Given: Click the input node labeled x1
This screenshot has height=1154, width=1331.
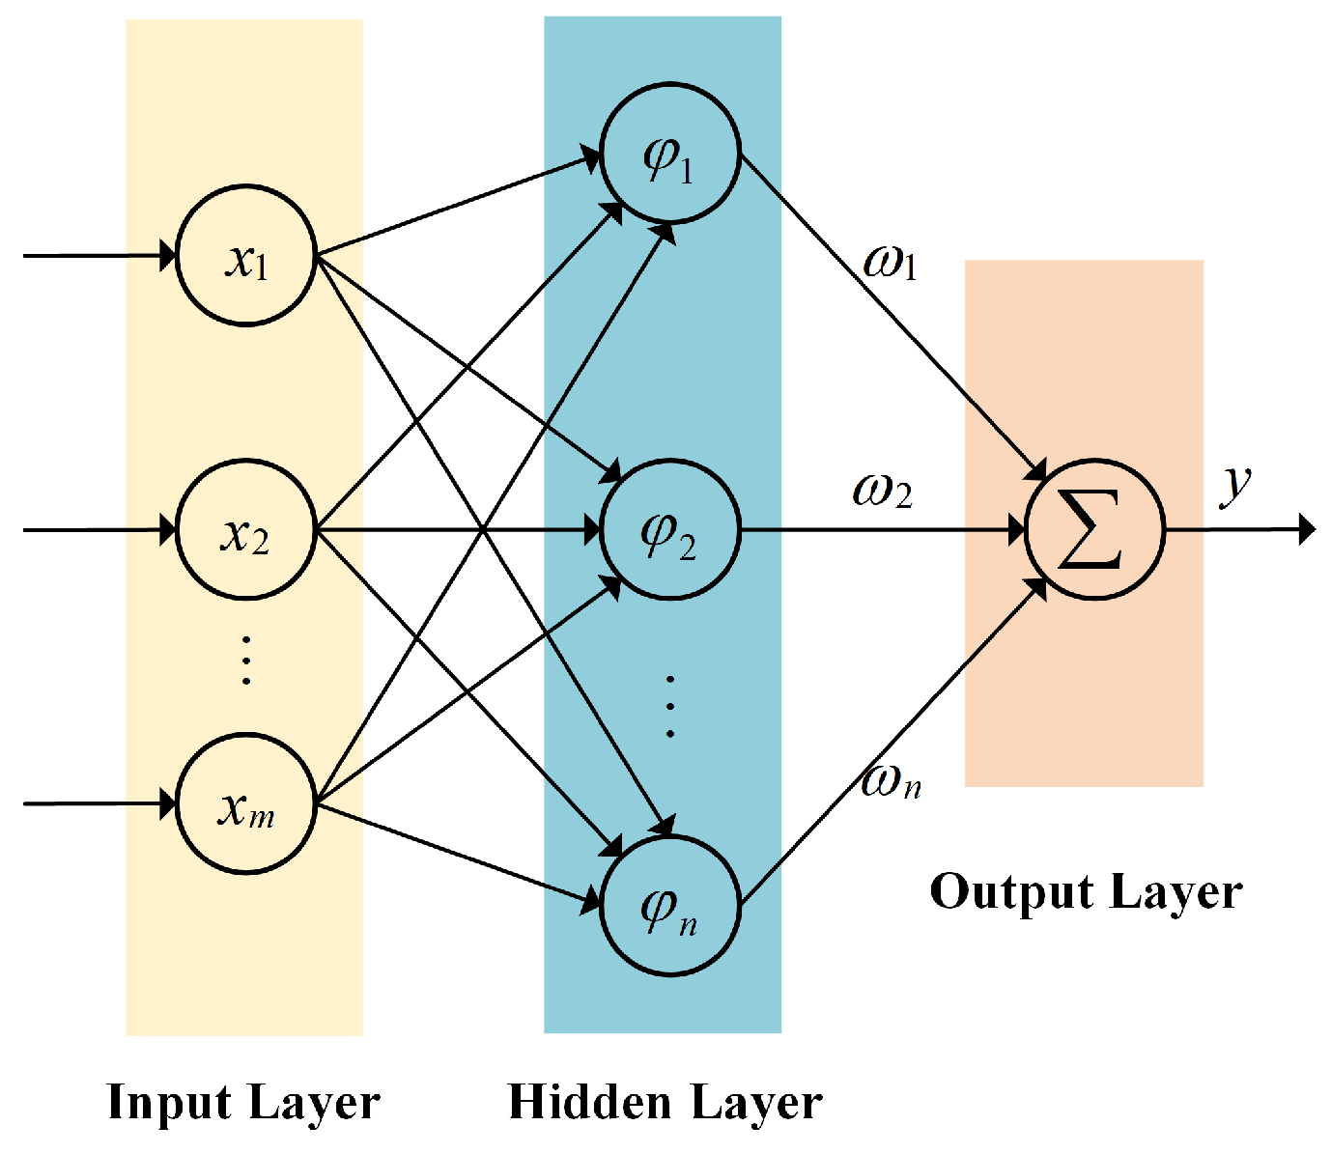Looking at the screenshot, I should pyautogui.click(x=246, y=256).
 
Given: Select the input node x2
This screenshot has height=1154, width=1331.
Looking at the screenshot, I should pyautogui.click(x=246, y=530).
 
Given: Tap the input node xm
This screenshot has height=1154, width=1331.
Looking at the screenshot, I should pyautogui.click(x=246, y=803).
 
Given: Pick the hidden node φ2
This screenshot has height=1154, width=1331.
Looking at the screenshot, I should pyautogui.click(x=669, y=530).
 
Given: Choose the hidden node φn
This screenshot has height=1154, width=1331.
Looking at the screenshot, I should pyautogui.click(x=669, y=906).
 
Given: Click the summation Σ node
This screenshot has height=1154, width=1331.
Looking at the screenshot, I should pyautogui.click(x=1094, y=529).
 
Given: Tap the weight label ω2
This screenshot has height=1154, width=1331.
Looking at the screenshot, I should pyautogui.click(x=882, y=490).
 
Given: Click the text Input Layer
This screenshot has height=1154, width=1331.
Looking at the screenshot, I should pyautogui.click(x=243, y=1102).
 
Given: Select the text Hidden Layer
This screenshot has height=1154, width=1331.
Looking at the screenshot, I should pyautogui.click(x=665, y=1102).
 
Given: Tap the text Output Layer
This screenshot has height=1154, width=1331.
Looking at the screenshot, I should pyautogui.click(x=1086, y=891).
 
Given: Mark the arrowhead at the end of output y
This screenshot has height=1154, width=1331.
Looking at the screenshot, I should pyautogui.click(x=1307, y=529).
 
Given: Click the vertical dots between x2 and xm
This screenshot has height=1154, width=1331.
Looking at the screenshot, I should pyautogui.click(x=246, y=660).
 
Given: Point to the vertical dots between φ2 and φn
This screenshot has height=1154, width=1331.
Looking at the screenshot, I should pyautogui.click(x=669, y=706).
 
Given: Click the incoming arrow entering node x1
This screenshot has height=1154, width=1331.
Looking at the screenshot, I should pyautogui.click(x=97, y=256).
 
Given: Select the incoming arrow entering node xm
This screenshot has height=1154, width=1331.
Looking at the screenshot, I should pyautogui.click(x=97, y=803).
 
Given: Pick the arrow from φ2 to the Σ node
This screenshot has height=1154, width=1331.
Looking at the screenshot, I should pyautogui.click(x=879, y=530).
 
